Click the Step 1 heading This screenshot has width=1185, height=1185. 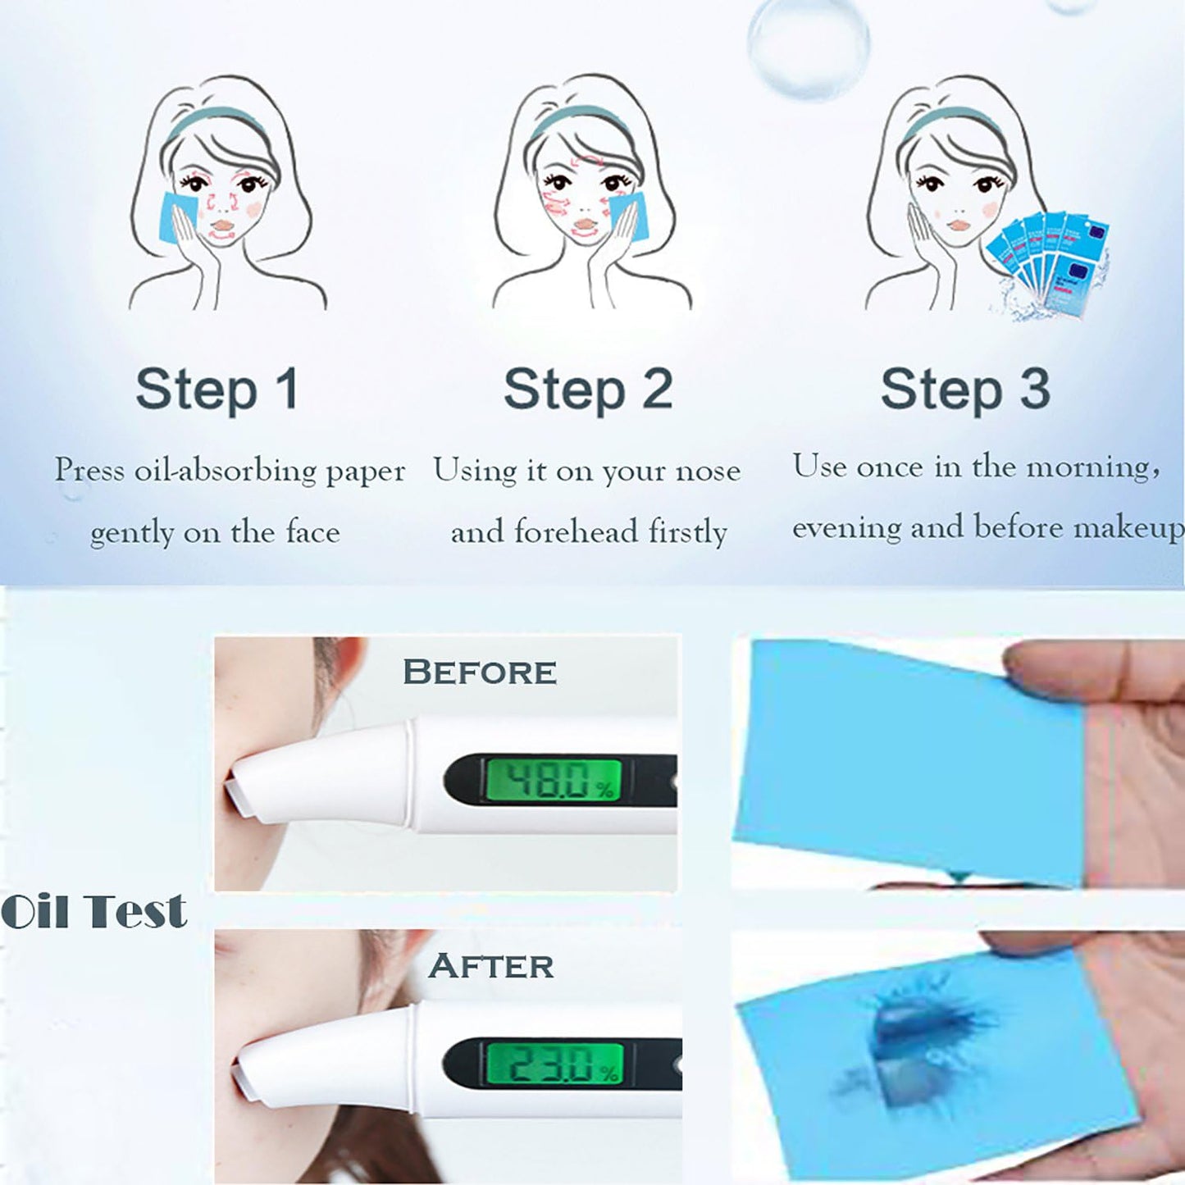click(x=216, y=390)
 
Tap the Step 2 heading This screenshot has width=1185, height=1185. click(x=588, y=390)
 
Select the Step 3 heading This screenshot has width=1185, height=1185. click(x=965, y=390)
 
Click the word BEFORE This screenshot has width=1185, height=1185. click(x=480, y=672)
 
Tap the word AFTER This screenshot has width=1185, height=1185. click(x=491, y=966)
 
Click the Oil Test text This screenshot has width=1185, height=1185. click(x=93, y=911)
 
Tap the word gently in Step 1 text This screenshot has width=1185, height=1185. click(x=131, y=534)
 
